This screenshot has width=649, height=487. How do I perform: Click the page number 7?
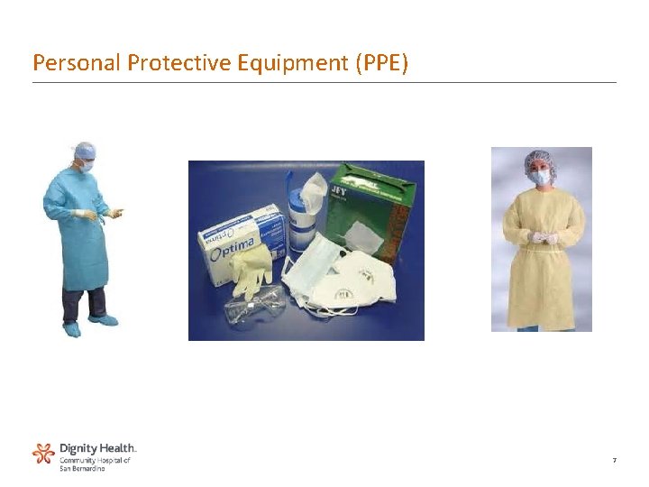click(614, 461)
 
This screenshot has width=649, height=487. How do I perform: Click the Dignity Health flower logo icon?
click(43, 453)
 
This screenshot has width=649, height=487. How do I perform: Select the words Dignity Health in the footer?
click(98, 447)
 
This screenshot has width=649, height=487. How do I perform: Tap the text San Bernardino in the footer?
click(82, 468)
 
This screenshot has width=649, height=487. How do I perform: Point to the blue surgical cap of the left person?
click(86, 150)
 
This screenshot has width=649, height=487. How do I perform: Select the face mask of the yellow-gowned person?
click(541, 178)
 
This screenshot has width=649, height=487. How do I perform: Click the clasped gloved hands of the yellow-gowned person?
click(542, 237)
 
